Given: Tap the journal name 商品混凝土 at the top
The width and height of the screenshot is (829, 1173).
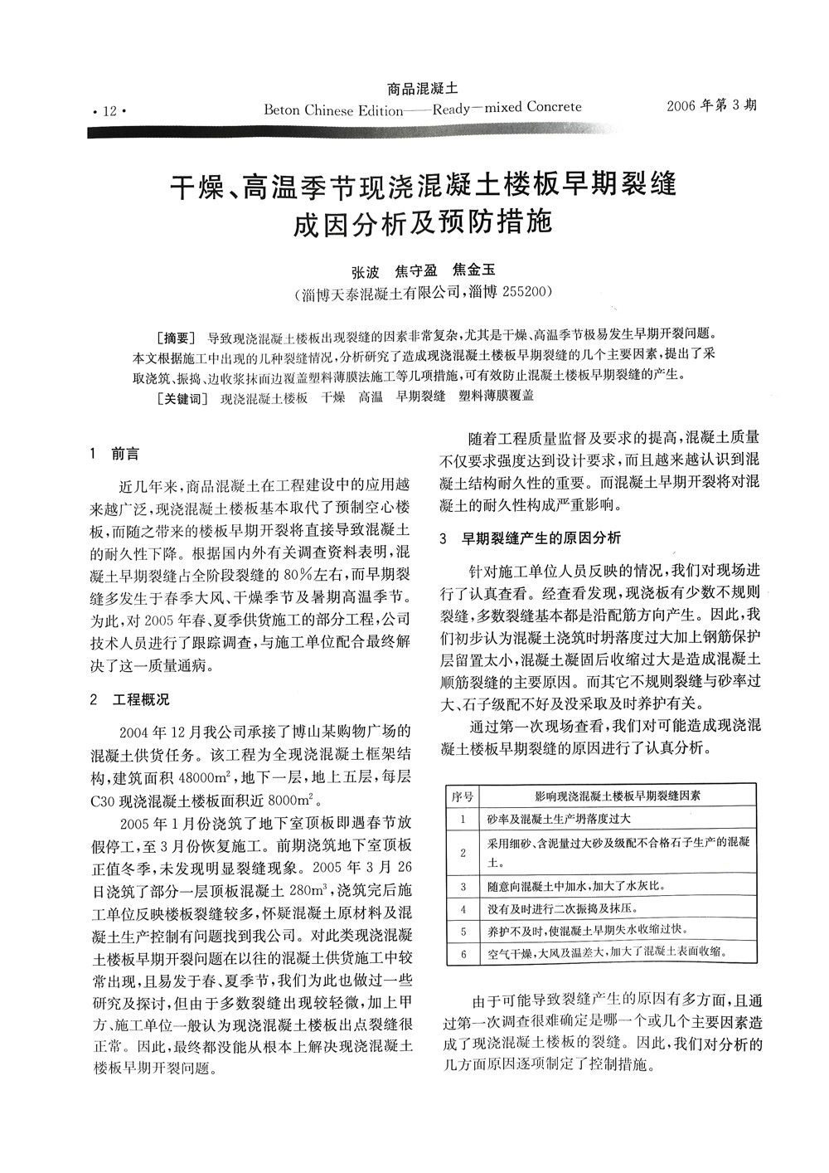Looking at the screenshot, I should click(x=424, y=87).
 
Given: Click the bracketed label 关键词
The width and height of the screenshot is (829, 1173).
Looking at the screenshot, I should click(x=181, y=397).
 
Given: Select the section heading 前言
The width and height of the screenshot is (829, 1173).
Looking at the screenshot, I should click(x=126, y=455).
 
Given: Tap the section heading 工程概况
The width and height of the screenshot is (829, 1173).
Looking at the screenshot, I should click(x=141, y=700).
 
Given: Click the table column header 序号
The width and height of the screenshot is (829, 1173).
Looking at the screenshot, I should click(x=463, y=796).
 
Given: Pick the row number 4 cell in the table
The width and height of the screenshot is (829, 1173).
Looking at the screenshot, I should click(x=463, y=908).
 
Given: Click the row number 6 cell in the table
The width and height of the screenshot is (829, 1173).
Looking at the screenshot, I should click(x=463, y=953).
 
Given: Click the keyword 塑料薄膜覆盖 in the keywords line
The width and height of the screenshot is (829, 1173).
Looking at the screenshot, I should click(x=496, y=397).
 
